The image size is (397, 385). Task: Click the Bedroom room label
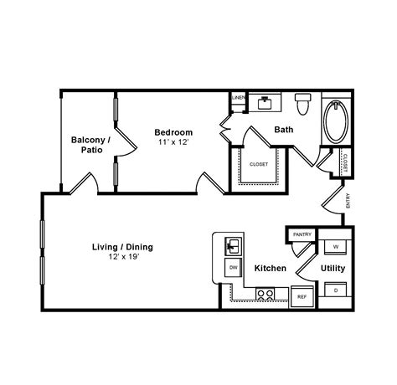[174, 132]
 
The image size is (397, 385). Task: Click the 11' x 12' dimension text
[174, 142]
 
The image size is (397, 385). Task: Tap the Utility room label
[333, 269]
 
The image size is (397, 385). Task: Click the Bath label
[283, 130]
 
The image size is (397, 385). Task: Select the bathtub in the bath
[337, 122]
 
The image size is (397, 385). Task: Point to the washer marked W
[335, 247]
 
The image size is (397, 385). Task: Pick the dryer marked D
[335, 290]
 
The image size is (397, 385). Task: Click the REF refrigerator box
[301, 296]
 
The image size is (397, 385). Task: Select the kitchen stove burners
[266, 294]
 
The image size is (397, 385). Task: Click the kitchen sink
[233, 246]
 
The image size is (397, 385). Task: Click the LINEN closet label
[238, 99]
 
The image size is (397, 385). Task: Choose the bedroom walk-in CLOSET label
[259, 164]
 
